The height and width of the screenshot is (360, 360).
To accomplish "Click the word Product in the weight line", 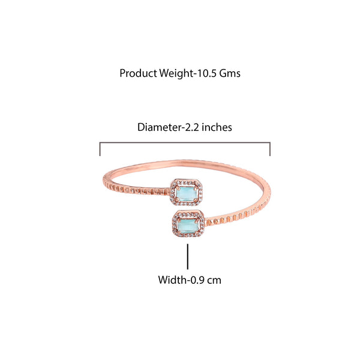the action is (139, 73).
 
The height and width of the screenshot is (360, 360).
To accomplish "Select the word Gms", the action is (230, 73).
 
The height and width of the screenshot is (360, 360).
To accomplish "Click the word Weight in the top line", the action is (176, 74).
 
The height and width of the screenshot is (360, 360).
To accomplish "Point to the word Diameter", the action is (160, 127).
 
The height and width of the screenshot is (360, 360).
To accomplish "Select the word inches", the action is (217, 127).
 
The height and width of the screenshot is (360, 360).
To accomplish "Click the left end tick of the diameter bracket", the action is (100, 149).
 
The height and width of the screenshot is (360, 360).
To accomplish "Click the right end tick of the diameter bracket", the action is (270, 149).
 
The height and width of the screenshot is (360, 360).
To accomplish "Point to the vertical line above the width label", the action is (188, 256).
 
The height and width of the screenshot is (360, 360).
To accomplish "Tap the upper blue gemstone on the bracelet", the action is (186, 194).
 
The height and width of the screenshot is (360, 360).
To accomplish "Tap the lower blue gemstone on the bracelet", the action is (188, 225).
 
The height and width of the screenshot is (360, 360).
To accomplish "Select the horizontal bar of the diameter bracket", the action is (185, 143).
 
